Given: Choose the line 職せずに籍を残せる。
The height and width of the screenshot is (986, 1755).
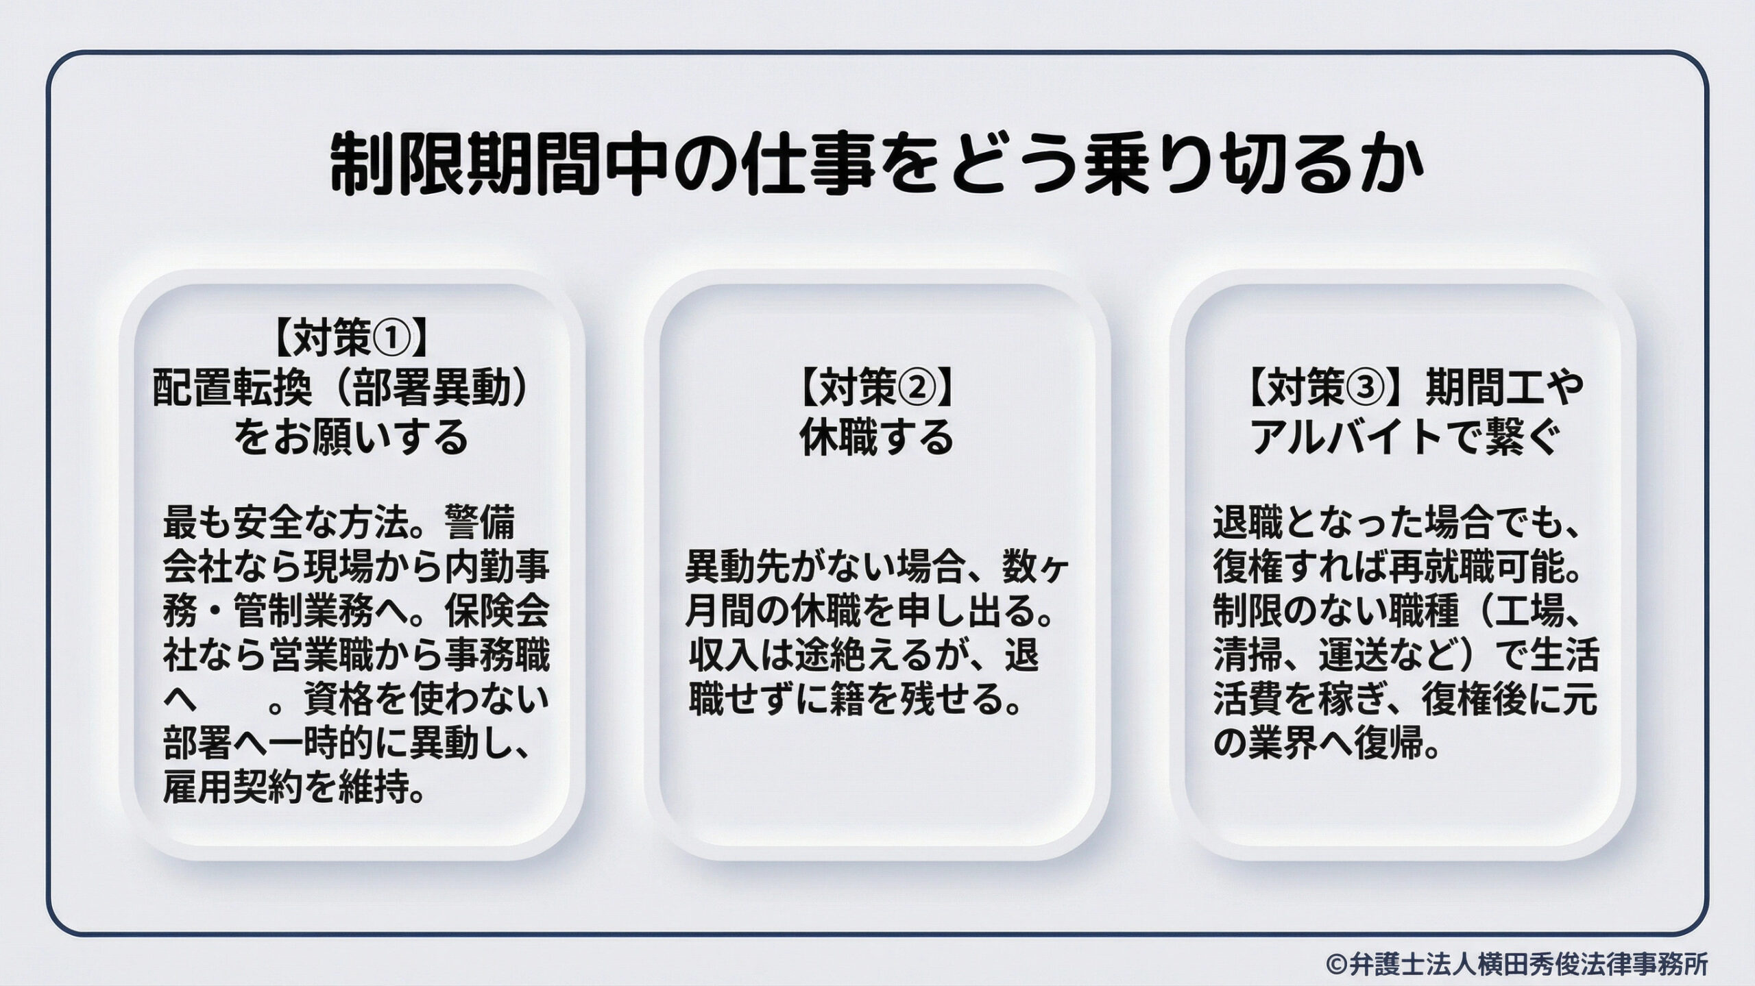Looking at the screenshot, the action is [x=854, y=698].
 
